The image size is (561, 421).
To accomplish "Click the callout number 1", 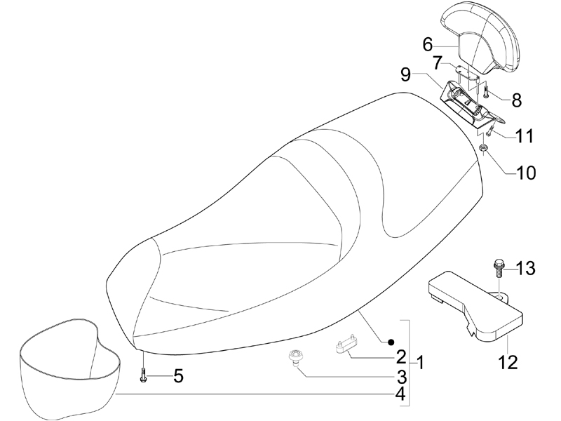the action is pyautogui.click(x=420, y=363).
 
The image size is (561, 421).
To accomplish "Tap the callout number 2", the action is pyautogui.click(x=401, y=357).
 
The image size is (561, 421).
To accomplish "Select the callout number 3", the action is pyautogui.click(x=401, y=377).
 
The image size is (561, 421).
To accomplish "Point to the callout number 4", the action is pyautogui.click(x=400, y=394).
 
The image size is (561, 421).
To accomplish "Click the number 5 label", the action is pyautogui.click(x=178, y=376).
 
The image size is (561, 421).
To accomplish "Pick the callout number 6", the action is pyautogui.click(x=428, y=45).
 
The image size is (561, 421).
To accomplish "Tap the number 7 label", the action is pyautogui.click(x=438, y=63).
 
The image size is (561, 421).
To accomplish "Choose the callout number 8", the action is pyautogui.click(x=517, y=100).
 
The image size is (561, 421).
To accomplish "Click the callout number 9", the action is pyautogui.click(x=405, y=75).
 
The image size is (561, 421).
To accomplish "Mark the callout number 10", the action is pyautogui.click(x=525, y=173).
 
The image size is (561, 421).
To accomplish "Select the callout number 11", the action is pyautogui.click(x=524, y=136).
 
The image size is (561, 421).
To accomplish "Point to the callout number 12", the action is pyautogui.click(x=508, y=363).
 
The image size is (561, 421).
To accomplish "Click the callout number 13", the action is pyautogui.click(x=525, y=268).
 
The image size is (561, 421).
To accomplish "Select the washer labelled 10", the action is pyautogui.click(x=483, y=147).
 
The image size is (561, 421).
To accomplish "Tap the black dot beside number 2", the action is pyautogui.click(x=391, y=342).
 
